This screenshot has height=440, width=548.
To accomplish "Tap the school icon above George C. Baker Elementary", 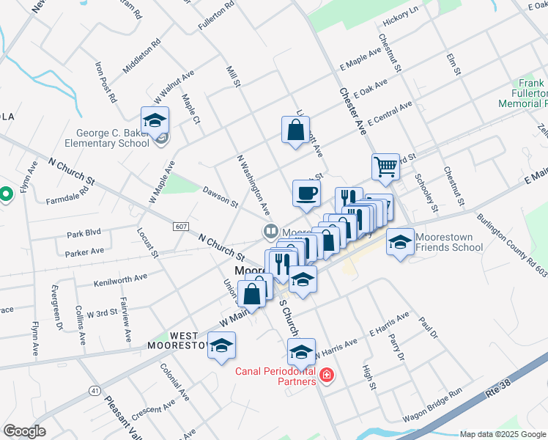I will [155, 120].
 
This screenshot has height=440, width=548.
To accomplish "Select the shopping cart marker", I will [385, 166].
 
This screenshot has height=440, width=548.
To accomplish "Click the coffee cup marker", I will [306, 194].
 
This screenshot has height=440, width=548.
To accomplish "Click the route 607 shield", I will [182, 226].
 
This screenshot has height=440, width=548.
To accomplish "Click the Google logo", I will [24, 431].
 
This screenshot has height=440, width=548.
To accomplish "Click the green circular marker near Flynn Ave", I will [6, 194].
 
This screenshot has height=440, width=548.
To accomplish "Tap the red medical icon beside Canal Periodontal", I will [326, 376].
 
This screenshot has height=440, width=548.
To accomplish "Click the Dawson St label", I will [221, 195].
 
